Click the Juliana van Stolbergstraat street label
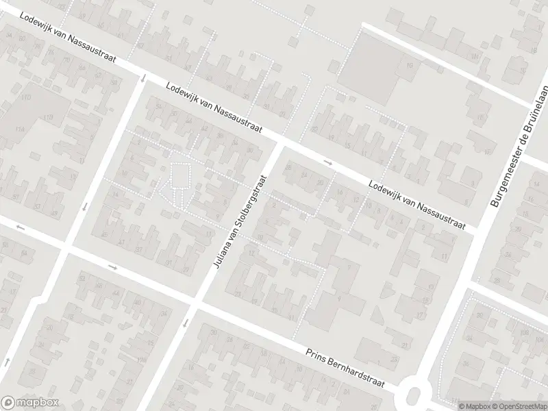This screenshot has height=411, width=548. [x=240, y=221]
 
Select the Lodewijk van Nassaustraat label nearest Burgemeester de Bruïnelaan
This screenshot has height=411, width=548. [x=416, y=204]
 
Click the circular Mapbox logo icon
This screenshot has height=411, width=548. [x=9, y=403]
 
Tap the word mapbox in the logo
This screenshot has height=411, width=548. [x=38, y=403]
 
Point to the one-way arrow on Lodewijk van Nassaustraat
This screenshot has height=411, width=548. [x=328, y=162]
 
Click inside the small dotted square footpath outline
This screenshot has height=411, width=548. [x=180, y=175]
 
